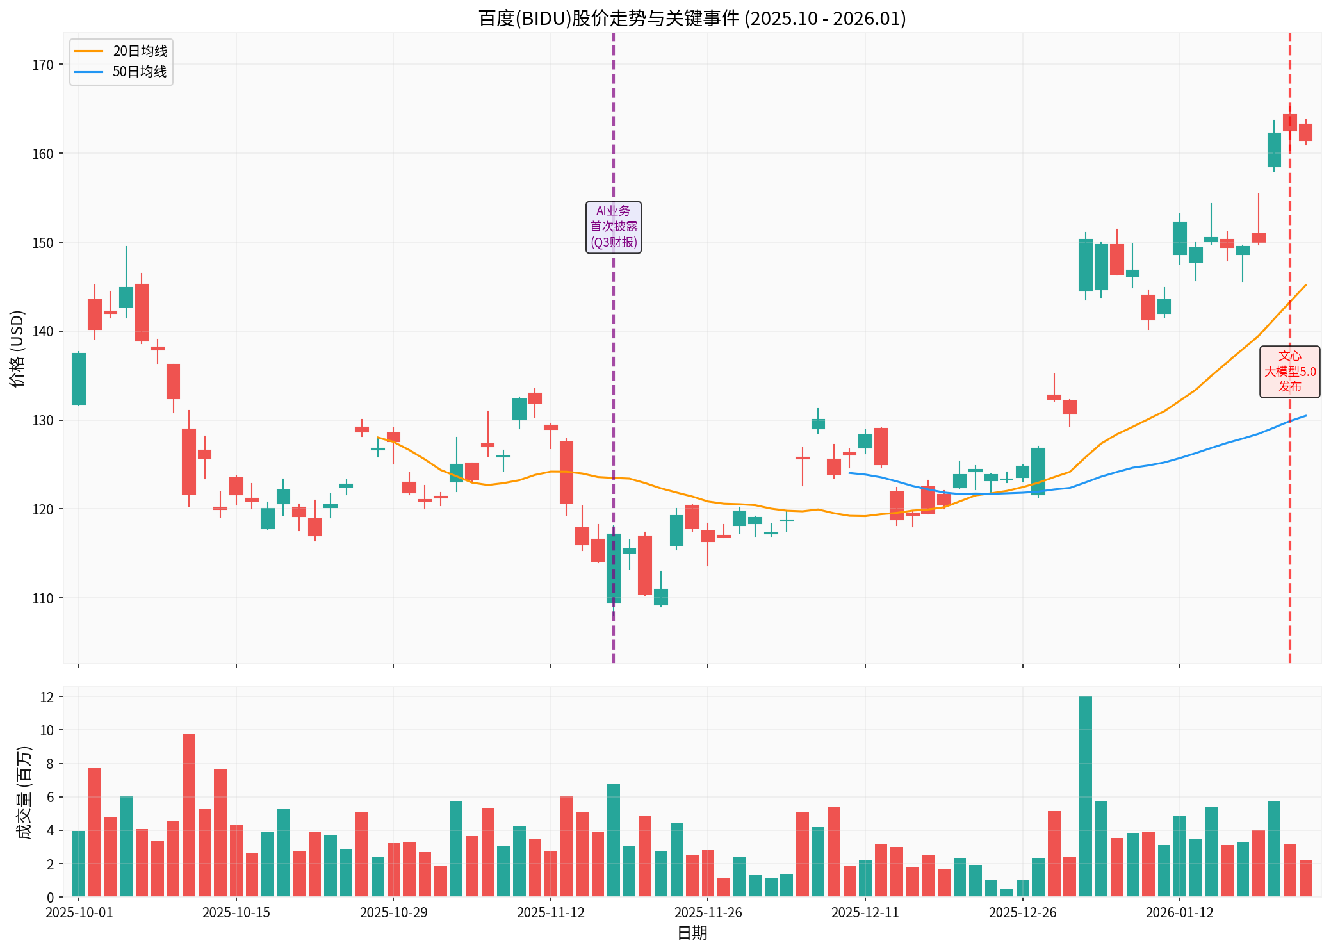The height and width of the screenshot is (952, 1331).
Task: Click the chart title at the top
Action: click(x=692, y=18)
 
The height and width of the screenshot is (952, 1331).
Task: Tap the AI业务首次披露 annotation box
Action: click(x=613, y=227)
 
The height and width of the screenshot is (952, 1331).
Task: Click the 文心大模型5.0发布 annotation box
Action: click(x=1289, y=372)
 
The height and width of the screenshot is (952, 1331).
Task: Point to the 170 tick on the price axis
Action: click(x=43, y=65)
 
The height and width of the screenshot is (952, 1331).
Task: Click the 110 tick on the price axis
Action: click(x=43, y=598)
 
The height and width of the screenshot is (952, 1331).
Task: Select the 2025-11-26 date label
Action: click(x=708, y=912)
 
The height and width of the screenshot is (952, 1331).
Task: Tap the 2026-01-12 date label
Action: click(x=1179, y=912)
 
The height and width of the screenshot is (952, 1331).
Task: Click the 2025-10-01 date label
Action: click(x=79, y=912)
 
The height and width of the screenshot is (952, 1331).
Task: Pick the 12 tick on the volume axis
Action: click(x=47, y=696)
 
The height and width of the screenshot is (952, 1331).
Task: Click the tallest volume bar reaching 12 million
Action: click(x=1085, y=796)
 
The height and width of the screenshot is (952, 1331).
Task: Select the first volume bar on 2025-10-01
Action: click(x=79, y=864)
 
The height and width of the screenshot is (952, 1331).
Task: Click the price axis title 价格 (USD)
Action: click(x=17, y=349)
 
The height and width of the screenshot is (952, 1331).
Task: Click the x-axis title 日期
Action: click(x=692, y=933)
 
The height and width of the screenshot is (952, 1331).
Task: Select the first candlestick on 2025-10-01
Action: click(x=79, y=379)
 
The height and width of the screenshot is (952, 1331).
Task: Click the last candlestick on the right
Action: click(x=1305, y=132)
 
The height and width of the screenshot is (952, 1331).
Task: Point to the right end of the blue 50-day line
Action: click(x=1305, y=416)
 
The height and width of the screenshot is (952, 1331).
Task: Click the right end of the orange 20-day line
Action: click(x=1305, y=285)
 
